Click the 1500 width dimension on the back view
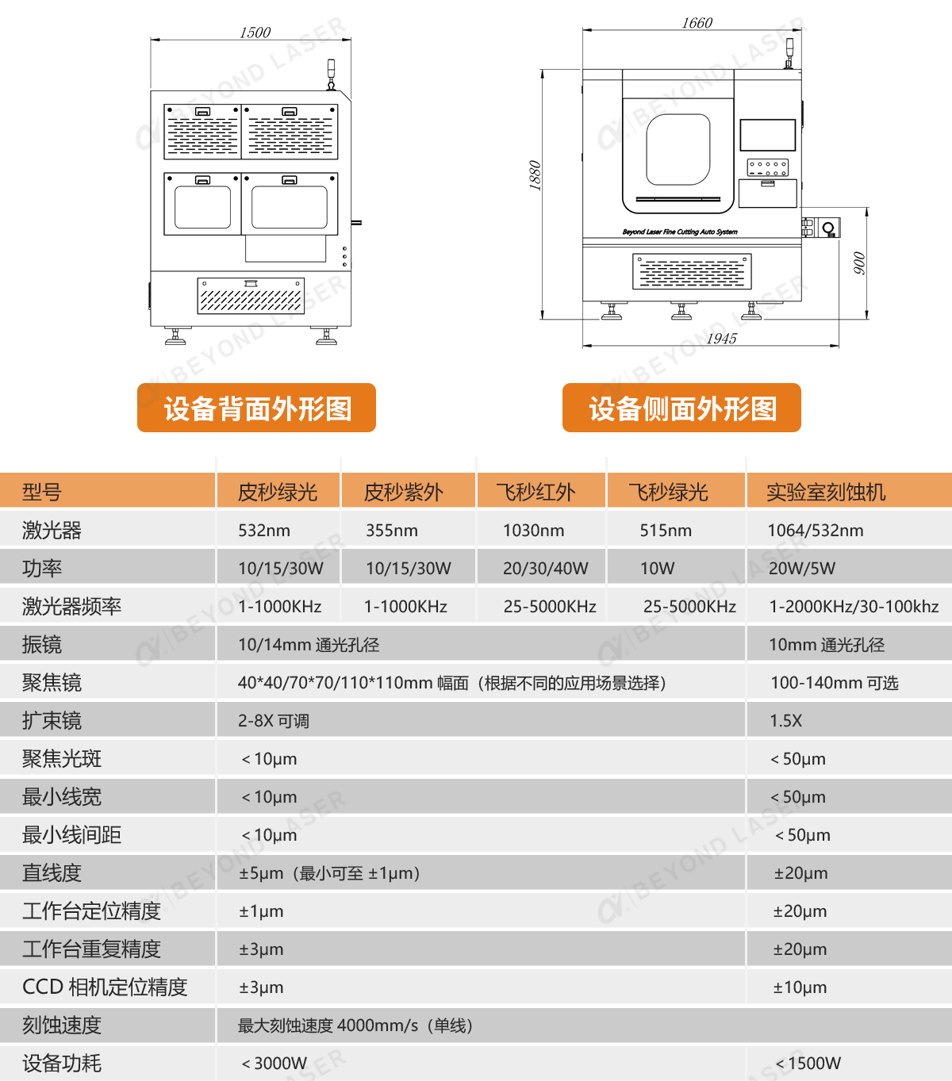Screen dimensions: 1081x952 [x=255, y=33]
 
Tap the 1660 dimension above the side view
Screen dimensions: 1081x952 [x=697, y=23]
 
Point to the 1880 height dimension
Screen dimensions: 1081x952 [x=535, y=175]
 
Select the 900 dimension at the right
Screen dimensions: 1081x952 [x=859, y=263]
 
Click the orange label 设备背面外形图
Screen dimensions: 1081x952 [x=257, y=408]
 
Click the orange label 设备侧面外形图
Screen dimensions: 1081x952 [x=681, y=408]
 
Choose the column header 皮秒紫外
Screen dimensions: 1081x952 [x=403, y=493]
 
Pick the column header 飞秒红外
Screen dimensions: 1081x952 [x=535, y=493]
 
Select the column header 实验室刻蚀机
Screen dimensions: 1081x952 [x=825, y=493]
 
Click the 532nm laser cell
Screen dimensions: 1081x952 [x=264, y=531]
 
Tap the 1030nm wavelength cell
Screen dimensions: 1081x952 [x=533, y=531]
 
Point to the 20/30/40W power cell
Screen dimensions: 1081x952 [x=546, y=569]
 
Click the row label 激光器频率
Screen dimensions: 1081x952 [x=71, y=607]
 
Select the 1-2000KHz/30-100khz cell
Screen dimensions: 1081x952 [x=854, y=607]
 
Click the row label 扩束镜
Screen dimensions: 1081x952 [x=52, y=721]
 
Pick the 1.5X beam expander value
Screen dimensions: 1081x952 [x=785, y=721]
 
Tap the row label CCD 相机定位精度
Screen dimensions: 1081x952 [x=105, y=987]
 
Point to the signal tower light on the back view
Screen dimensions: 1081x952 [x=332, y=72]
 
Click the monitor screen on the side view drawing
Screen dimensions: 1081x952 [x=767, y=135]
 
